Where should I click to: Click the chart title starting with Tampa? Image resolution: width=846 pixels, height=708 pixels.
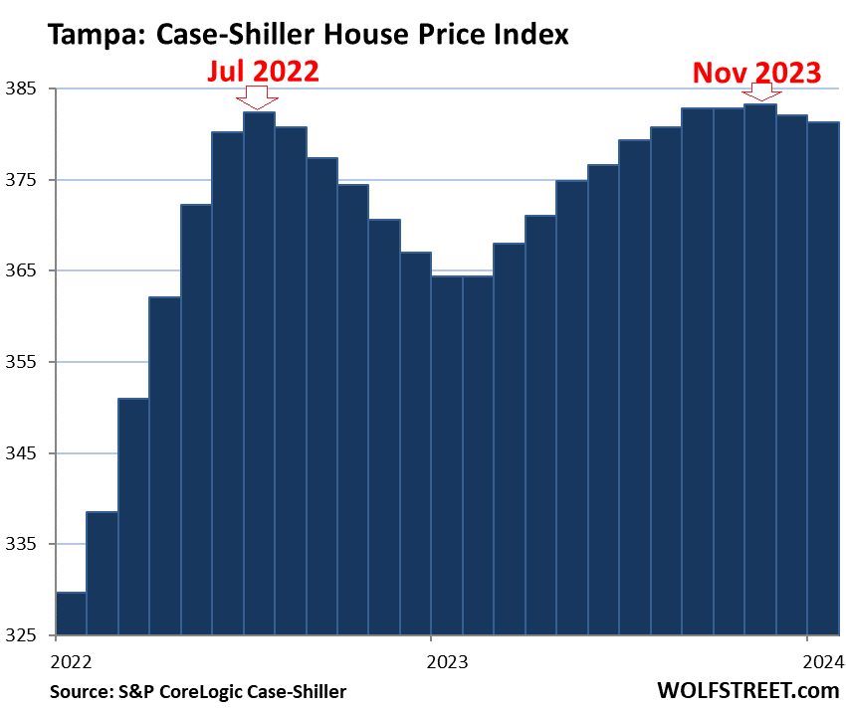[308, 35]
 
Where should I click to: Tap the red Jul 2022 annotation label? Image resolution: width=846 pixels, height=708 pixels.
[263, 72]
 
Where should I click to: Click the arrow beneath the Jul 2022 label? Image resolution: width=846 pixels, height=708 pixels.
[259, 97]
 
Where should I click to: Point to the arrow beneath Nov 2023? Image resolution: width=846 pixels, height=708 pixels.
[760, 91]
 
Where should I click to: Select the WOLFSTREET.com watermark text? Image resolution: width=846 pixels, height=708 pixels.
[747, 688]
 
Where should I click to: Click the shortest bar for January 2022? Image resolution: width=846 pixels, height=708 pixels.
[72, 614]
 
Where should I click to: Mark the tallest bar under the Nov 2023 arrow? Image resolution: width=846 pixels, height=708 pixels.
[760, 369]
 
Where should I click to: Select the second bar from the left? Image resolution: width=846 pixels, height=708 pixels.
[103, 573]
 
